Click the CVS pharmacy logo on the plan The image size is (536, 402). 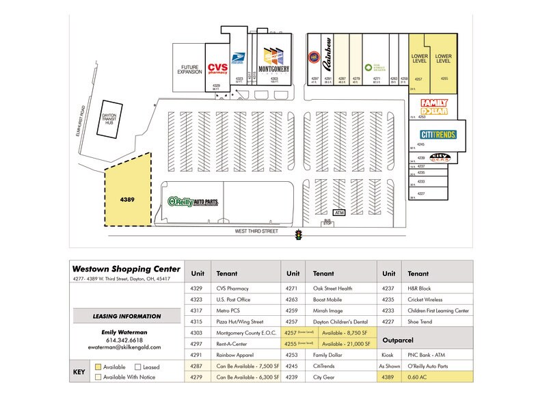217,68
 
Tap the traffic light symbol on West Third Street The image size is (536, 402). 298,235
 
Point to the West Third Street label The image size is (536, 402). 258,232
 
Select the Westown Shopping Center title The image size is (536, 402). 126,268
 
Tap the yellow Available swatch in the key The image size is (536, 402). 98,366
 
